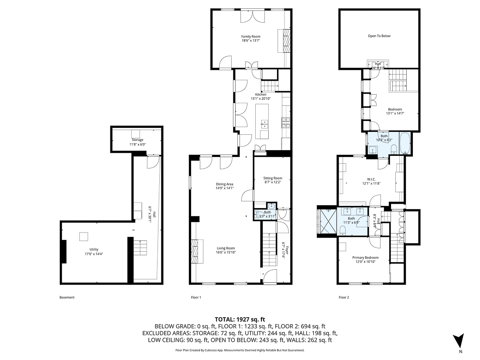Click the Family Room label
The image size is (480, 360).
point(248,37)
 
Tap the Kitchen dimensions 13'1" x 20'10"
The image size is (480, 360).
point(261,99)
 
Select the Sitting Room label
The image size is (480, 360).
point(272,178)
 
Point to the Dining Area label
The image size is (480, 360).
point(225,184)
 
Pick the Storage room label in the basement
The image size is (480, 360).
point(137,140)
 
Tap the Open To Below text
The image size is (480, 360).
point(379,36)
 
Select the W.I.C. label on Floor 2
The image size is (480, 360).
point(371,179)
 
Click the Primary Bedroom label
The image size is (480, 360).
point(365,257)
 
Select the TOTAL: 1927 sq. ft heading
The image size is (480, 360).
point(240,319)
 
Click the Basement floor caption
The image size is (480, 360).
point(67,298)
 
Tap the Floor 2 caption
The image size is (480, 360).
point(344,298)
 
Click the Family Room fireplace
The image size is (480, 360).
point(285,40)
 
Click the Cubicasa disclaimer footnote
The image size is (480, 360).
point(240,350)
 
